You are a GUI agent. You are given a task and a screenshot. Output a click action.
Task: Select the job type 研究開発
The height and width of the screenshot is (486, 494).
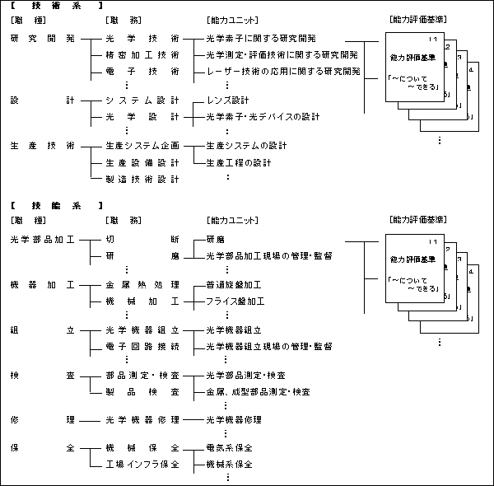tap(42, 39)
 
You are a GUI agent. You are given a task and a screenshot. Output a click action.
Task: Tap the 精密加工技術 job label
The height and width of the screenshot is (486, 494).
tap(142, 55)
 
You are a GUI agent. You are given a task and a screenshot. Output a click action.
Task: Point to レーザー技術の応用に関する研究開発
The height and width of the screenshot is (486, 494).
tap(283, 72)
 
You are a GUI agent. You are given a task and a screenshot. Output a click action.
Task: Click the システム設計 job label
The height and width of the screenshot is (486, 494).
tap(142, 100)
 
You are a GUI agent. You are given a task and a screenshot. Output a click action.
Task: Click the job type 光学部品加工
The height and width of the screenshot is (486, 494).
tap(42, 240)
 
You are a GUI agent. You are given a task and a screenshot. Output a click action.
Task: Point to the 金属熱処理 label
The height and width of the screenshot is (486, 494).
tap(142, 285)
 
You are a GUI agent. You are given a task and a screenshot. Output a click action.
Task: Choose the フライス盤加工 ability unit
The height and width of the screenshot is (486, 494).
tap(235, 301)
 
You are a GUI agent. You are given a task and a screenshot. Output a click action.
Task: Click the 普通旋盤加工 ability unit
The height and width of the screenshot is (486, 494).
tap(235, 285)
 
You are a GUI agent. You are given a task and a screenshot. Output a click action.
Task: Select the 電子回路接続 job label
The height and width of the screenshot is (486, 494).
tap(142, 346)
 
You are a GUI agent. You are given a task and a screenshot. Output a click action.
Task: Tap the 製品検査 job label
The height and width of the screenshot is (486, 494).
tap(142, 391)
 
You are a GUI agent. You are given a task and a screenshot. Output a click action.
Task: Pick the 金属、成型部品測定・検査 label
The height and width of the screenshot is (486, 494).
tap(257, 391)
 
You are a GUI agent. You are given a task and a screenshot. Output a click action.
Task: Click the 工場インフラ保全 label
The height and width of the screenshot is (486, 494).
tap(142, 464)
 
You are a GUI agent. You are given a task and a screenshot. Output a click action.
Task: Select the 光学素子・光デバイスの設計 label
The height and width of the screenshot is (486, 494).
tap(263, 116)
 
